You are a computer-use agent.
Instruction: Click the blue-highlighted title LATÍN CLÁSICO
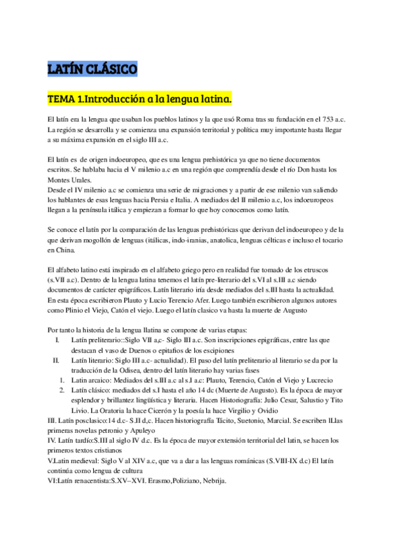[93, 68]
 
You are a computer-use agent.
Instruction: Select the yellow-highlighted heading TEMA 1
[140, 99]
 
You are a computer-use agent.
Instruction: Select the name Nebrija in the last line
[211, 479]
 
